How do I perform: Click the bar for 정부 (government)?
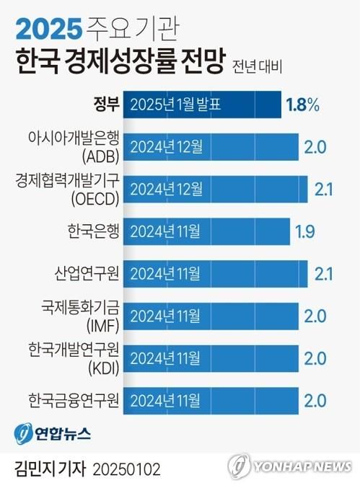(x=202, y=105)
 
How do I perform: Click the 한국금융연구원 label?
(x=74, y=399)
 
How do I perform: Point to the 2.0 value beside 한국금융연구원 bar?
(x=316, y=399)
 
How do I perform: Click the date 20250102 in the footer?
(x=127, y=469)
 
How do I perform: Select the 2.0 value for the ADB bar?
(x=316, y=147)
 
